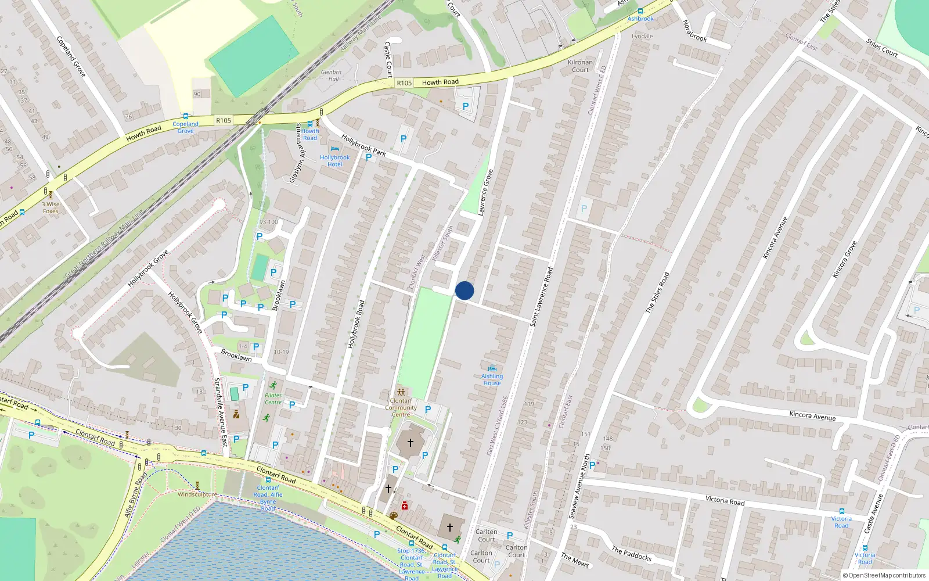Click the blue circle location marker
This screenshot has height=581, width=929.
[464, 290]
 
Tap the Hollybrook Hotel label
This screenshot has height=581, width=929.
[335, 161]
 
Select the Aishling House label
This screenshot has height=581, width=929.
[492, 379]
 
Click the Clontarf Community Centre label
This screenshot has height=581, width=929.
[401, 407]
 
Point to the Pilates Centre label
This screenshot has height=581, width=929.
[273, 399]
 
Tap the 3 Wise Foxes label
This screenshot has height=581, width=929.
[51, 207]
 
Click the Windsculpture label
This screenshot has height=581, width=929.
[197, 494]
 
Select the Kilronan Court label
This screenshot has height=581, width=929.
[580, 66]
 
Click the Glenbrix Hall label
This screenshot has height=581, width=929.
[331, 76]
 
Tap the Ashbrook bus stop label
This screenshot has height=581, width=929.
[640, 19]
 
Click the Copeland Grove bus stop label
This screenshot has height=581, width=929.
[185, 127]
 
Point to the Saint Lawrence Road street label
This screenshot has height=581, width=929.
[541, 296]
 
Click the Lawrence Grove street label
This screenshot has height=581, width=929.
[485, 192]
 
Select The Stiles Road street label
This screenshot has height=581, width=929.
[657, 293]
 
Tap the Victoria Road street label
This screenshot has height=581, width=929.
[725, 500]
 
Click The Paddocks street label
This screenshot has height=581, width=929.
[631, 554]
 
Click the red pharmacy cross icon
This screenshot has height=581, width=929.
[405, 505]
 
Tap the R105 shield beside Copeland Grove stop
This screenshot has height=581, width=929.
[224, 121]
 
